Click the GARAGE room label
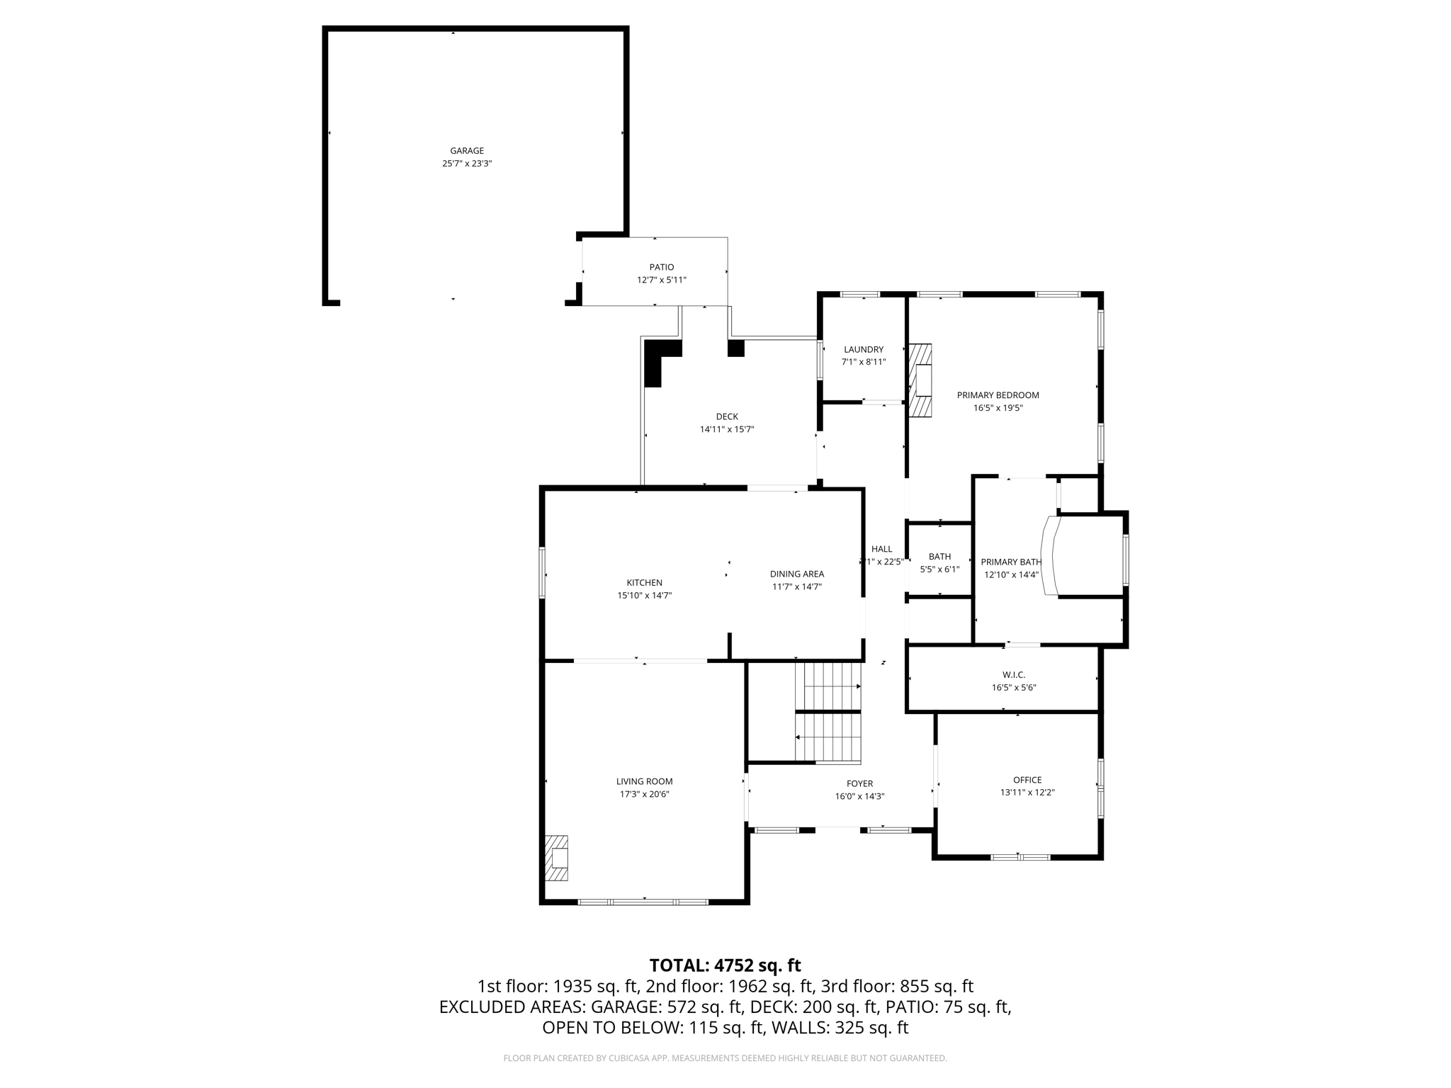[467, 151]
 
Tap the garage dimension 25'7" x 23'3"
[467, 164]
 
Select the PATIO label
[662, 267]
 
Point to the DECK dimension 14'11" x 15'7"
[727, 429]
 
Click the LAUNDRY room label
[864, 349]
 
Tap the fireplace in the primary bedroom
[921, 380]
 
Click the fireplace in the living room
[557, 858]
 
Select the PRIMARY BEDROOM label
[998, 395]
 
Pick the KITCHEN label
[644, 583]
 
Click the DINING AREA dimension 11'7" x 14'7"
[796, 586]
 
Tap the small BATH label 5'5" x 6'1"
[939, 557]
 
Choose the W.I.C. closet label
[1014, 675]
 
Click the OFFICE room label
[1027, 780]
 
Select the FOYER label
[859, 783]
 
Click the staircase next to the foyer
[828, 712]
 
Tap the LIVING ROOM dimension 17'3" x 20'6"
[644, 794]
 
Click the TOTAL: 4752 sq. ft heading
[725, 965]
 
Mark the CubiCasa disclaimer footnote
[725, 1058]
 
